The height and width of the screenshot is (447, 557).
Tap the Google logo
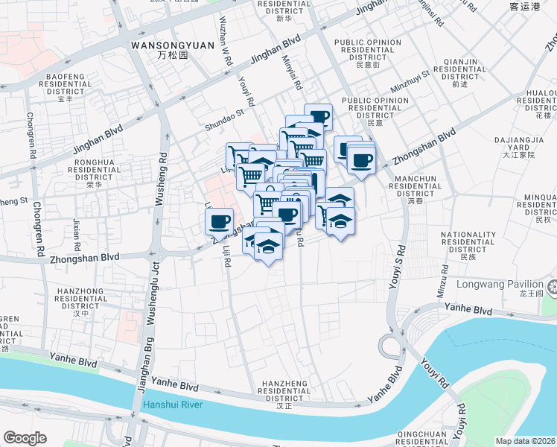(25, 438)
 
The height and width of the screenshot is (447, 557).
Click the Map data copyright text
(526, 441)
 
